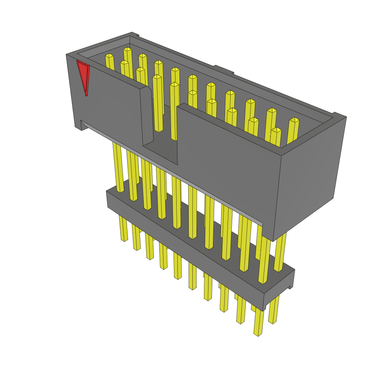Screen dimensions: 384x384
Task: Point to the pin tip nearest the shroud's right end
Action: click(294, 120)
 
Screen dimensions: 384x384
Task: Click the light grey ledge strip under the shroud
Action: click(169, 172)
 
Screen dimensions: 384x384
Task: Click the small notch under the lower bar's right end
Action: click(290, 287)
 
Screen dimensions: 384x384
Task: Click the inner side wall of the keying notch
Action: click(147, 116)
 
